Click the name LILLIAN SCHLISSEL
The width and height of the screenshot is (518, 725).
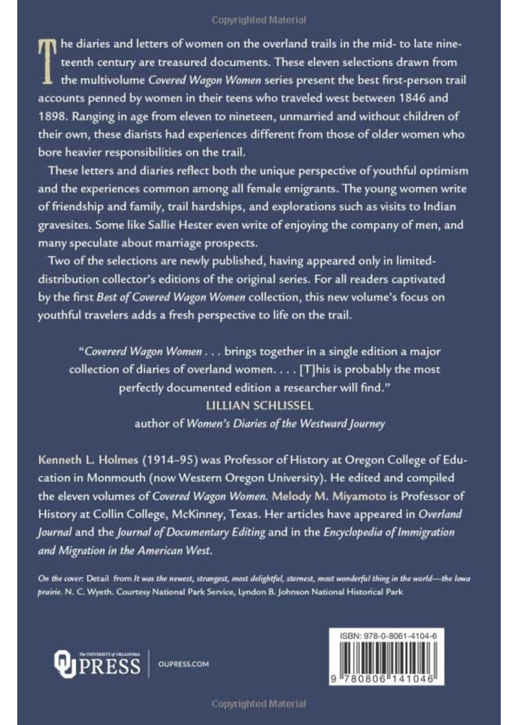coord(259,406)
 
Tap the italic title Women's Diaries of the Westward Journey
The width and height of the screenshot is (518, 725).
coord(285,423)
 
